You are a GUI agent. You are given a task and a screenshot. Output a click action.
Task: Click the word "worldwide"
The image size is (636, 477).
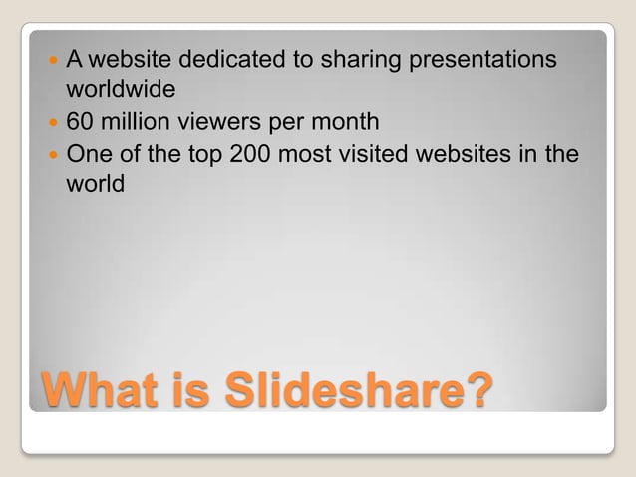(121, 90)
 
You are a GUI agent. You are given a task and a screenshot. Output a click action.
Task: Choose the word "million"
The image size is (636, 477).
(134, 123)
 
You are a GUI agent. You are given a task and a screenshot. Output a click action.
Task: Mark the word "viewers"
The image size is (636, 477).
(216, 123)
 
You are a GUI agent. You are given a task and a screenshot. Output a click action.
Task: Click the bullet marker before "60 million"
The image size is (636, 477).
(53, 124)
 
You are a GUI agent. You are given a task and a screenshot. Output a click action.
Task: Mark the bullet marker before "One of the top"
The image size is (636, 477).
(53, 156)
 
